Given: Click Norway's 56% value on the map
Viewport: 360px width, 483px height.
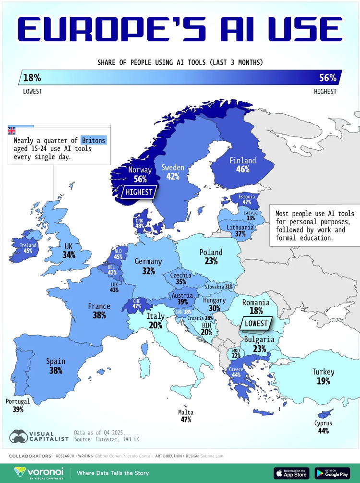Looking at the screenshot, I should click(140, 179).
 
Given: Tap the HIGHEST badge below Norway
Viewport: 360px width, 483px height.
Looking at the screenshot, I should click(139, 193).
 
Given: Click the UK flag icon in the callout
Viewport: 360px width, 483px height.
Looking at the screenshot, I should click(12, 130).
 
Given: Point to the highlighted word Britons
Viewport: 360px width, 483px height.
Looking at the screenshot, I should click(94, 141).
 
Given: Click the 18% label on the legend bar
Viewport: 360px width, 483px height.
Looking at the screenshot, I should click(32, 78).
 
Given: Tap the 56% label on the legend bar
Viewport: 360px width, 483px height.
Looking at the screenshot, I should click(327, 78).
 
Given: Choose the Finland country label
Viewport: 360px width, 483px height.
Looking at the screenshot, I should click(242, 160).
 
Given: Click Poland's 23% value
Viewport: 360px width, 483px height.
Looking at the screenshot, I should click(211, 261).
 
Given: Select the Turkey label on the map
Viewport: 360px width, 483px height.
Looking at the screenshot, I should click(323, 372).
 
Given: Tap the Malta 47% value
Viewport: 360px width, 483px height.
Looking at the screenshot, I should click(186, 420).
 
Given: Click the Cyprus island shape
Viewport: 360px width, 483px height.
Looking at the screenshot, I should click(324, 413).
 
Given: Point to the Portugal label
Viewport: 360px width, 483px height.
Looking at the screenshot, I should click(18, 401).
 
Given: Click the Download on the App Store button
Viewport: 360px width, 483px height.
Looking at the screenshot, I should click(291, 473).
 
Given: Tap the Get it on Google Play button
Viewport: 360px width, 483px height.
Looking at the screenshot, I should click(332, 473).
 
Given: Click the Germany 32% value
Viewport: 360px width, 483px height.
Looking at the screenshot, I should click(148, 271).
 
